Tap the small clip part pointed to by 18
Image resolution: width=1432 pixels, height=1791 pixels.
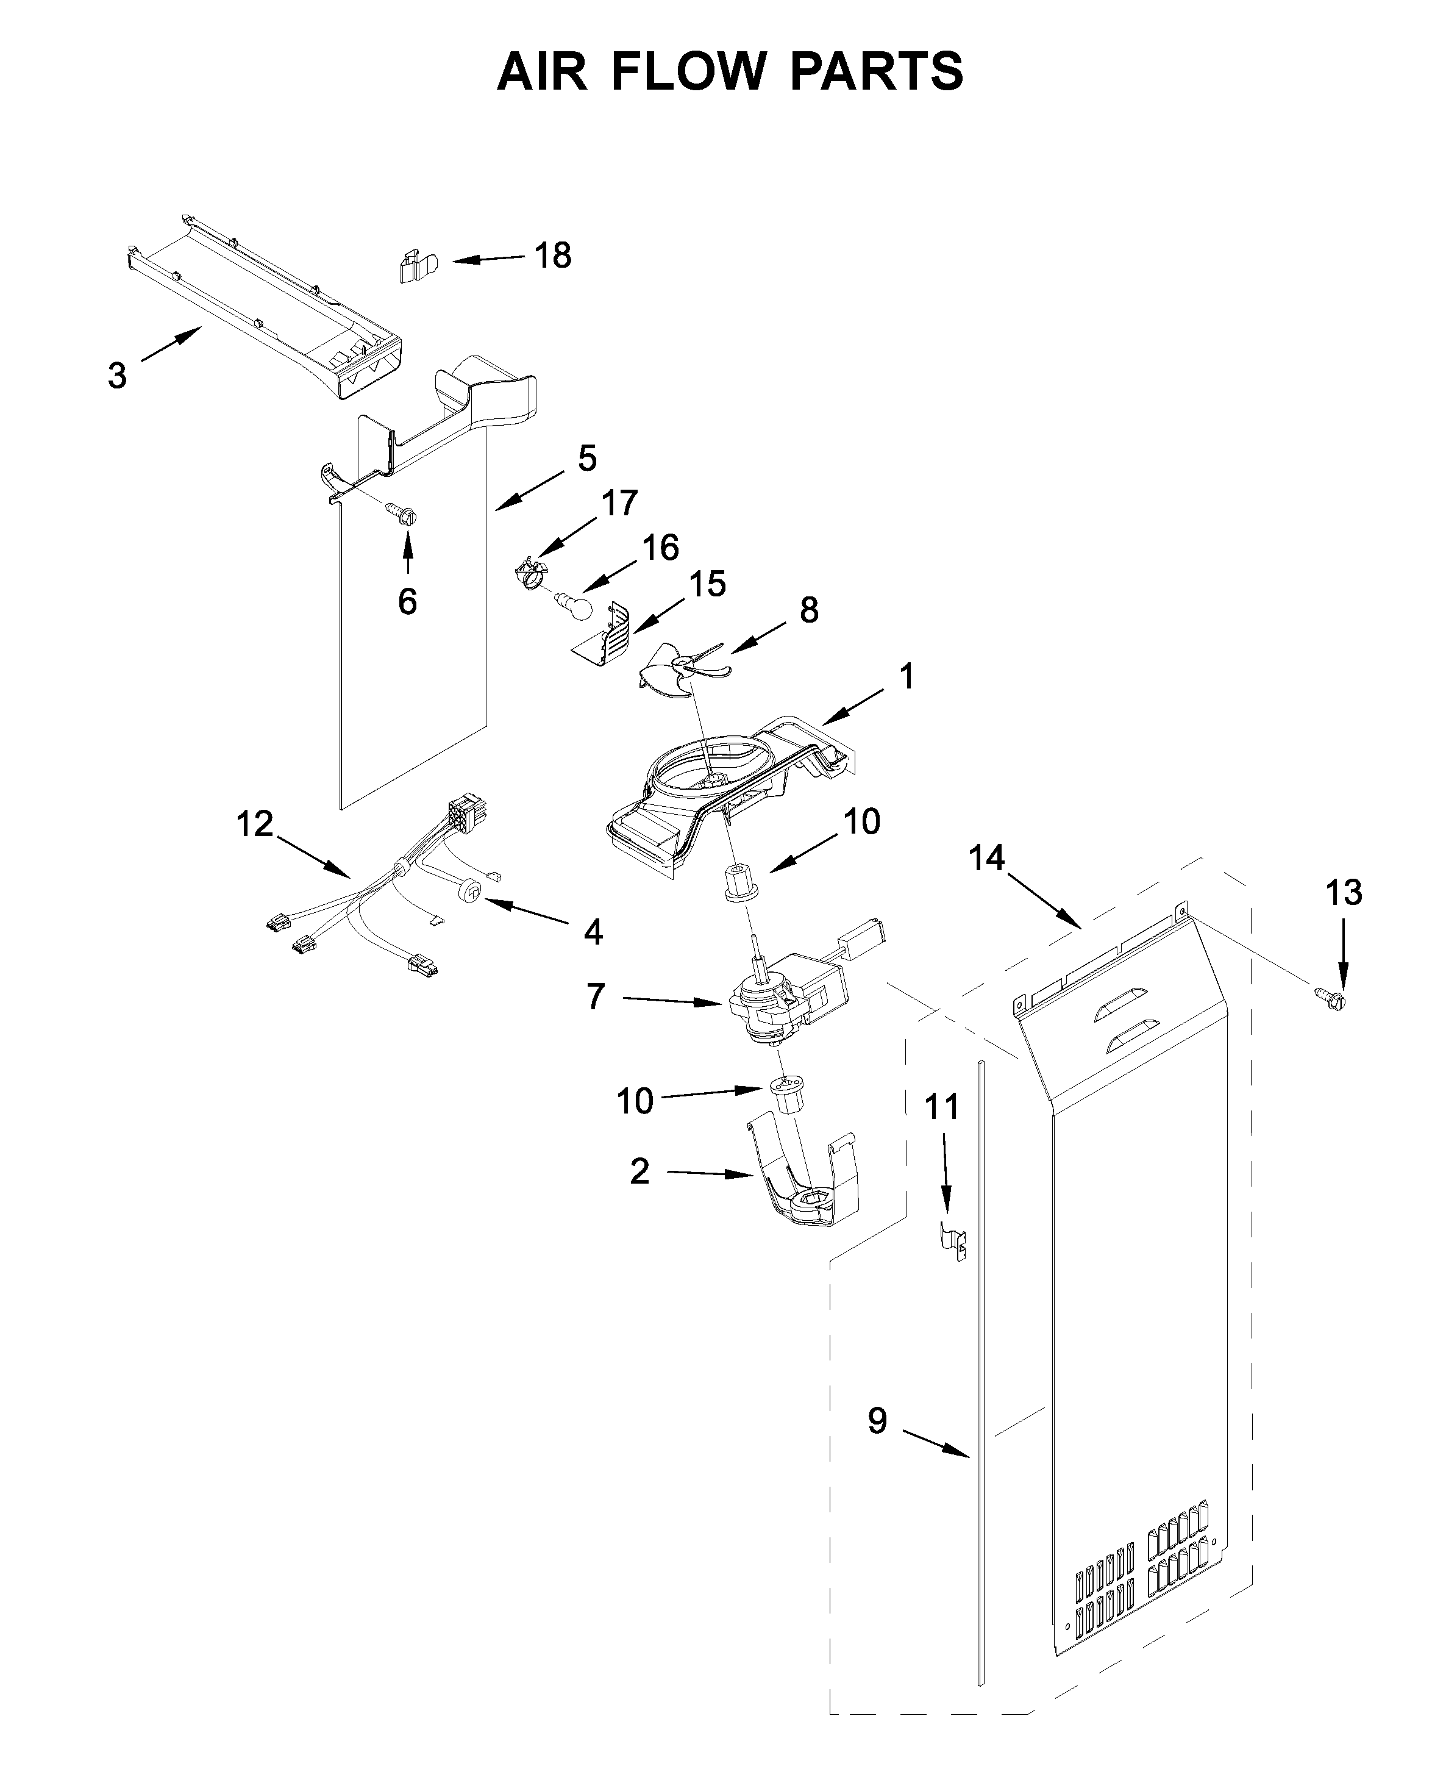tap(416, 266)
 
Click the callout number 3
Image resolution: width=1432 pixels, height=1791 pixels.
tap(117, 376)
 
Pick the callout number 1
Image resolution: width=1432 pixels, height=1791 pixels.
tap(907, 676)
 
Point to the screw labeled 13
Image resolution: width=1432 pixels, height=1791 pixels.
tap(1331, 997)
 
